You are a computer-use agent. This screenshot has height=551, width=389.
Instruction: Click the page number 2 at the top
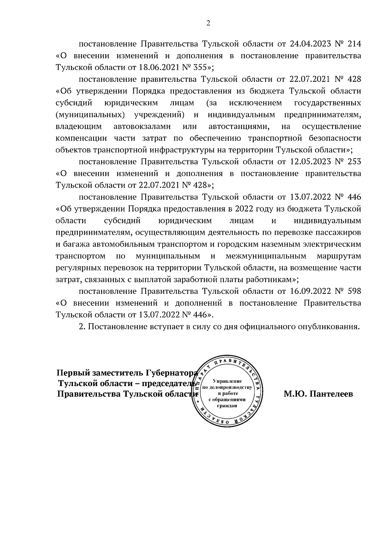pos(208,23)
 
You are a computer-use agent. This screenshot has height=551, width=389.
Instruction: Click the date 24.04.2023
pos(310,44)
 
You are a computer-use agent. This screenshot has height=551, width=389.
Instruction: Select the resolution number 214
pos(354,44)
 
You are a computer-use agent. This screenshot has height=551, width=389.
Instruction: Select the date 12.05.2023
pos(310,162)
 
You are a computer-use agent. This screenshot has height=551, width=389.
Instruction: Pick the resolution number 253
pos(354,162)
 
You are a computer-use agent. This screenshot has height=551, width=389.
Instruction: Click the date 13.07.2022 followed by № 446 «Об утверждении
pos(310,197)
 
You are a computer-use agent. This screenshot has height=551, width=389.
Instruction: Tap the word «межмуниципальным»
pos(266,256)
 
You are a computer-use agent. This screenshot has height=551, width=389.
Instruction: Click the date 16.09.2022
pos(310,291)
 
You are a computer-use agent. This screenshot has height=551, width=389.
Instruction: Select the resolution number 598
pos(354,291)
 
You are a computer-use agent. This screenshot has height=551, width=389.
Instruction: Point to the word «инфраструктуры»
pos(177,150)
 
